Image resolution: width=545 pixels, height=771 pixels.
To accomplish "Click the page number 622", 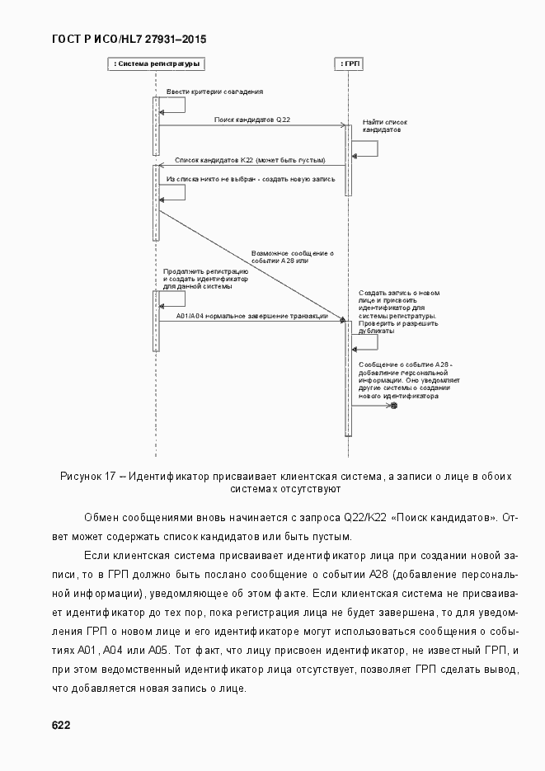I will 60,725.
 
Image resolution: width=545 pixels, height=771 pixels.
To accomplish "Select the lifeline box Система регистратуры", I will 156,63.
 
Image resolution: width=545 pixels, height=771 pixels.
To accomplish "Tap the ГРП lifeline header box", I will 349,63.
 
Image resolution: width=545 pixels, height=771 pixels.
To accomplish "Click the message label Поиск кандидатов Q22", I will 251,120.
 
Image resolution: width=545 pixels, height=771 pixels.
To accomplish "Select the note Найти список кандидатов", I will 384,126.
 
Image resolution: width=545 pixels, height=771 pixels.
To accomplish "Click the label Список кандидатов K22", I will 249,160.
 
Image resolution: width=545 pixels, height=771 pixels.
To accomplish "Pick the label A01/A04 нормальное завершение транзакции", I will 251,317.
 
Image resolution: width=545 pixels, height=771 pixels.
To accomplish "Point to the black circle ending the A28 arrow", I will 394,406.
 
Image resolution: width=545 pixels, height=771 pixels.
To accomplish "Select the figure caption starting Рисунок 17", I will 285,482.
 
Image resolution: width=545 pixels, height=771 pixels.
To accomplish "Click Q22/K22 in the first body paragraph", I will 364,517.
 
